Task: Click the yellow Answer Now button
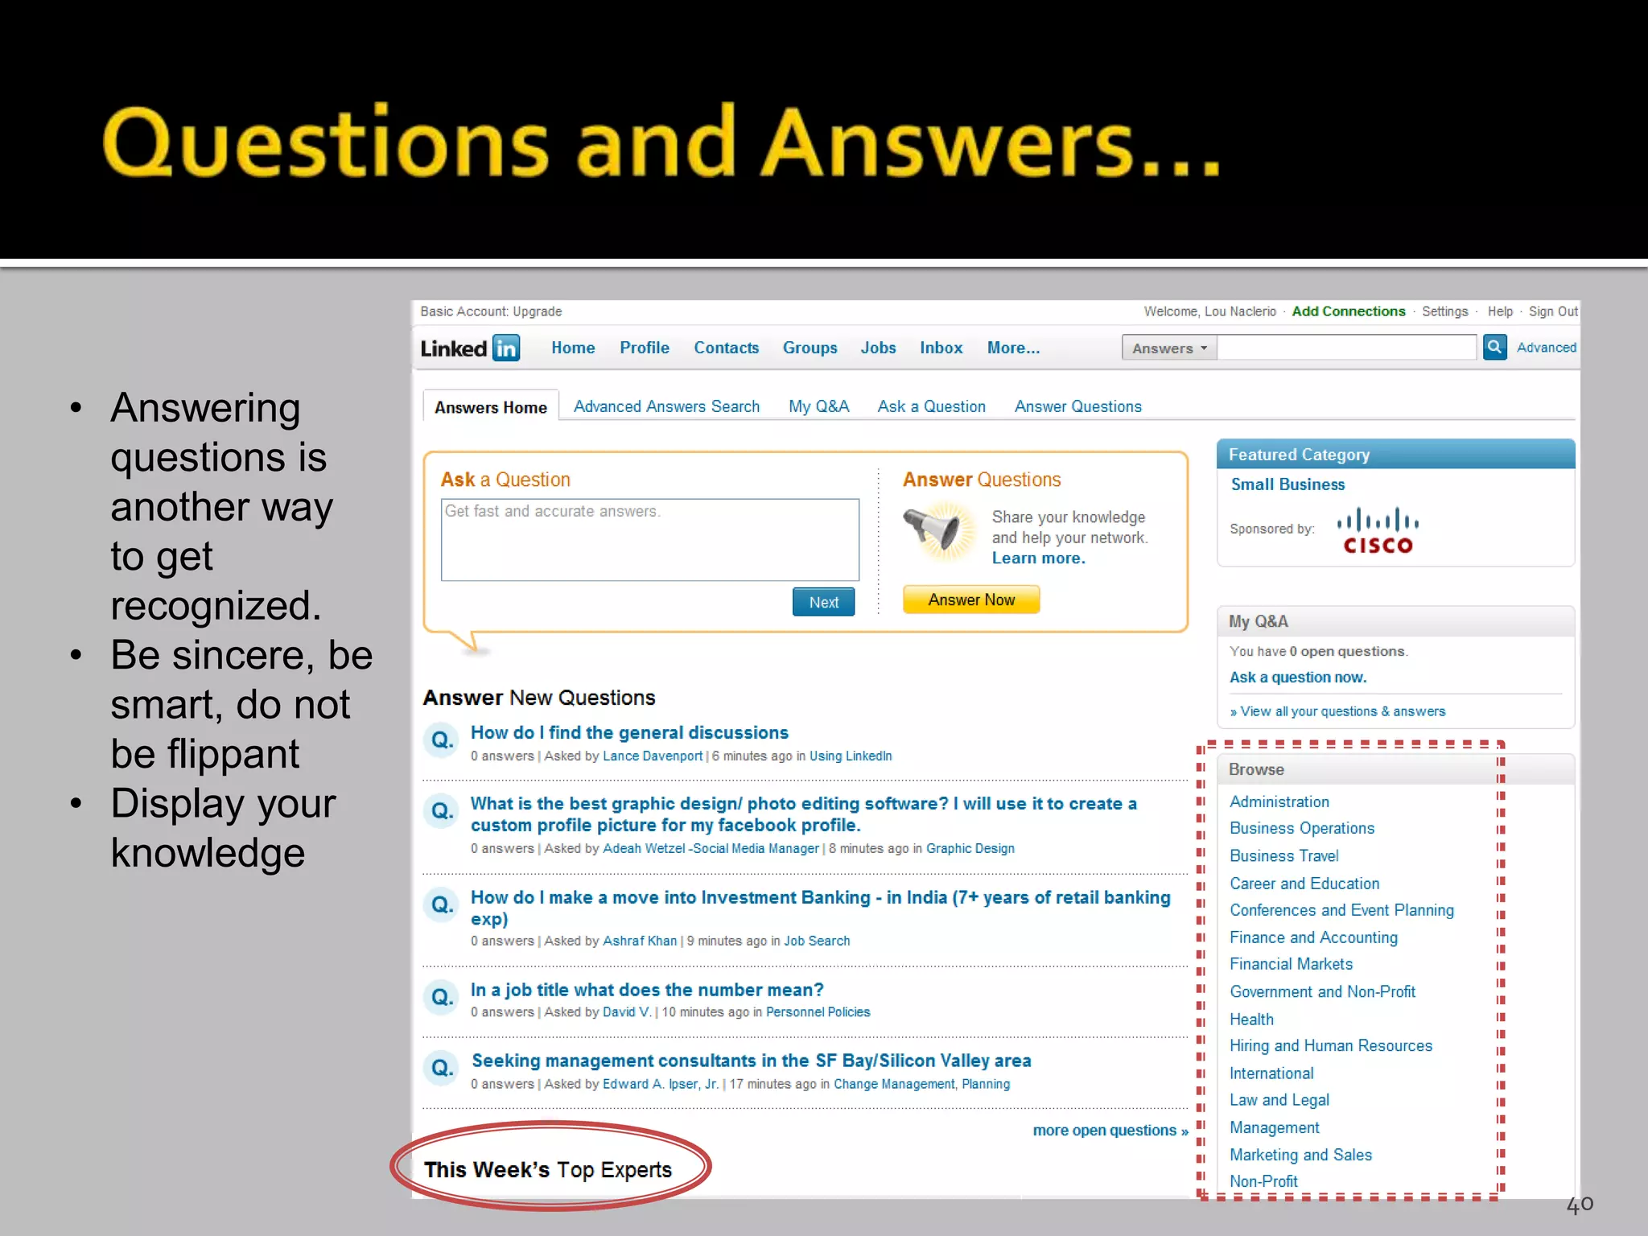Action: pos(970,599)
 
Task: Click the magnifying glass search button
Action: pos(1494,347)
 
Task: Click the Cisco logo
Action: pos(1378,531)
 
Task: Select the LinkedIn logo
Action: pos(470,348)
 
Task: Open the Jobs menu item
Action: pos(878,348)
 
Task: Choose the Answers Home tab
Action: pos(491,407)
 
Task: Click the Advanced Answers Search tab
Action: pos(666,406)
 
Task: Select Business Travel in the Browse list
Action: pos(1283,855)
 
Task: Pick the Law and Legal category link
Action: pos(1279,1100)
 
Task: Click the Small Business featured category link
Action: pos(1287,484)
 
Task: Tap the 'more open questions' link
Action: pos(1110,1131)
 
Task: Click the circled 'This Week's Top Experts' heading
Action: pos(547,1169)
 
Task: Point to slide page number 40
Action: pos(1579,1205)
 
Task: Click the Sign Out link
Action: pos(1552,311)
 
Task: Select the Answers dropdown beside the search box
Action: pos(1169,348)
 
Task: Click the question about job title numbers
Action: pos(647,990)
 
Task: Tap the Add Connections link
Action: pos(1348,311)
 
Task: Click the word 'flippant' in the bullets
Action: pos(233,754)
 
